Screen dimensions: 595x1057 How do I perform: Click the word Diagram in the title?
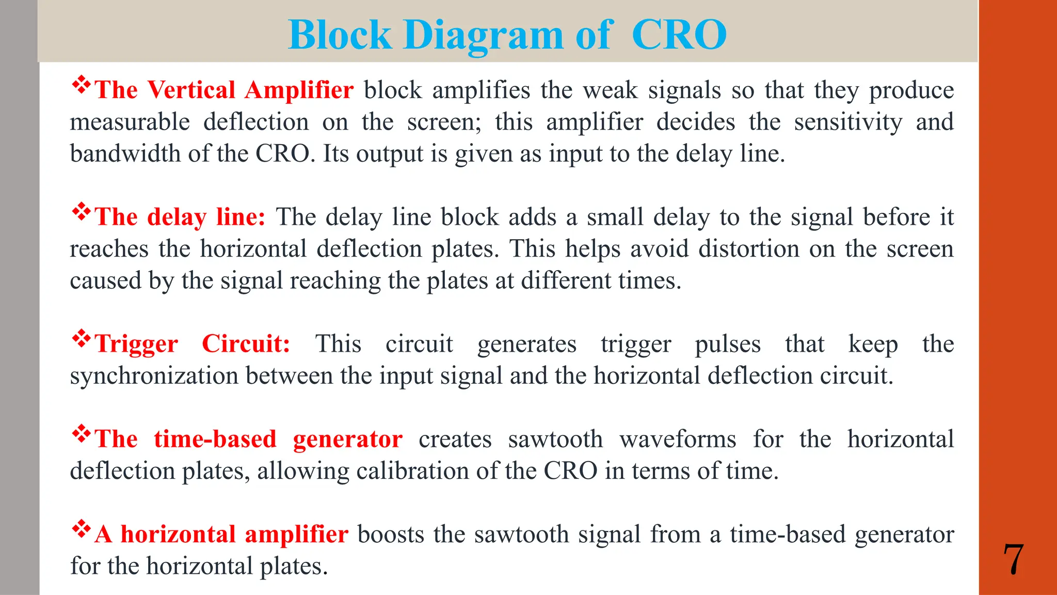pos(483,35)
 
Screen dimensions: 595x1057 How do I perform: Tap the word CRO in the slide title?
pos(679,35)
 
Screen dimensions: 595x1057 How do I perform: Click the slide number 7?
pos(1013,560)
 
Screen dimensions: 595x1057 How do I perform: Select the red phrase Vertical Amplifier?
pos(250,90)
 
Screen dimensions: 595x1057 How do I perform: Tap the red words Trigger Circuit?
pos(193,343)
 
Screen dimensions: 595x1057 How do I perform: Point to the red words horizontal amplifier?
pos(234,534)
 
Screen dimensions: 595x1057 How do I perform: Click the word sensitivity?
pos(848,122)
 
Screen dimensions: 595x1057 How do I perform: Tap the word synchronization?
pos(154,375)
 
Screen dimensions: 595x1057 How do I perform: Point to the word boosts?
pos(391,534)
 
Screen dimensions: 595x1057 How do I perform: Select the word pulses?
pos(728,345)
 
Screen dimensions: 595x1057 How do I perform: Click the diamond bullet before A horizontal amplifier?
pos(81,528)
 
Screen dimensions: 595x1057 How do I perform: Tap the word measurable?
pos(130,122)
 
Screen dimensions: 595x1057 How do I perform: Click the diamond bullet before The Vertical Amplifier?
pos(81,84)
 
